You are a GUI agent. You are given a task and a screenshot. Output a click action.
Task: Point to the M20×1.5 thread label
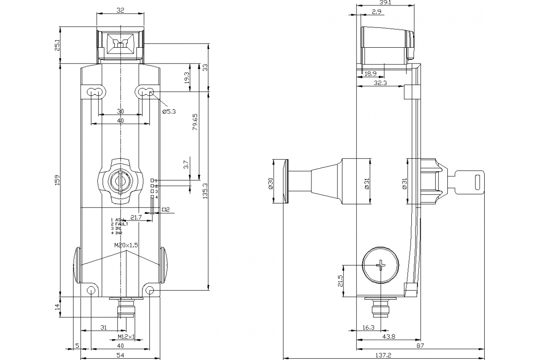tap(126, 244)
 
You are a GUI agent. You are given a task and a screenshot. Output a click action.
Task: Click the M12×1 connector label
tap(126, 337)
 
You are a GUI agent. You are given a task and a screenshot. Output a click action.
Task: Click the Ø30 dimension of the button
tap(270, 183)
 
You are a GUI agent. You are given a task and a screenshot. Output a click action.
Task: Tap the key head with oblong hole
tap(471, 182)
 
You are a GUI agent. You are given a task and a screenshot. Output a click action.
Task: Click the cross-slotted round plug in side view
tap(381, 265)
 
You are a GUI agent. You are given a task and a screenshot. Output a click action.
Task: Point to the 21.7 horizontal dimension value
tap(135, 217)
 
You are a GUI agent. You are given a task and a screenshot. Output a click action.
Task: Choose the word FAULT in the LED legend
tap(121, 224)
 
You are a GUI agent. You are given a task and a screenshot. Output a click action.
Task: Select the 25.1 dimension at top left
tap(57, 45)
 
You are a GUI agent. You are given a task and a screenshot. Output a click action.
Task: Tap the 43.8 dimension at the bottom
tap(388, 337)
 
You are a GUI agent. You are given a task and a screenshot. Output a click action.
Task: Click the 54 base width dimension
tap(120, 355)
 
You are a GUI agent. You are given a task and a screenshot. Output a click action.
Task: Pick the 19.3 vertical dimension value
tap(186, 78)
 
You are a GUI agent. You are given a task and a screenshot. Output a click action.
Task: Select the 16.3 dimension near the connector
tap(369, 328)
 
